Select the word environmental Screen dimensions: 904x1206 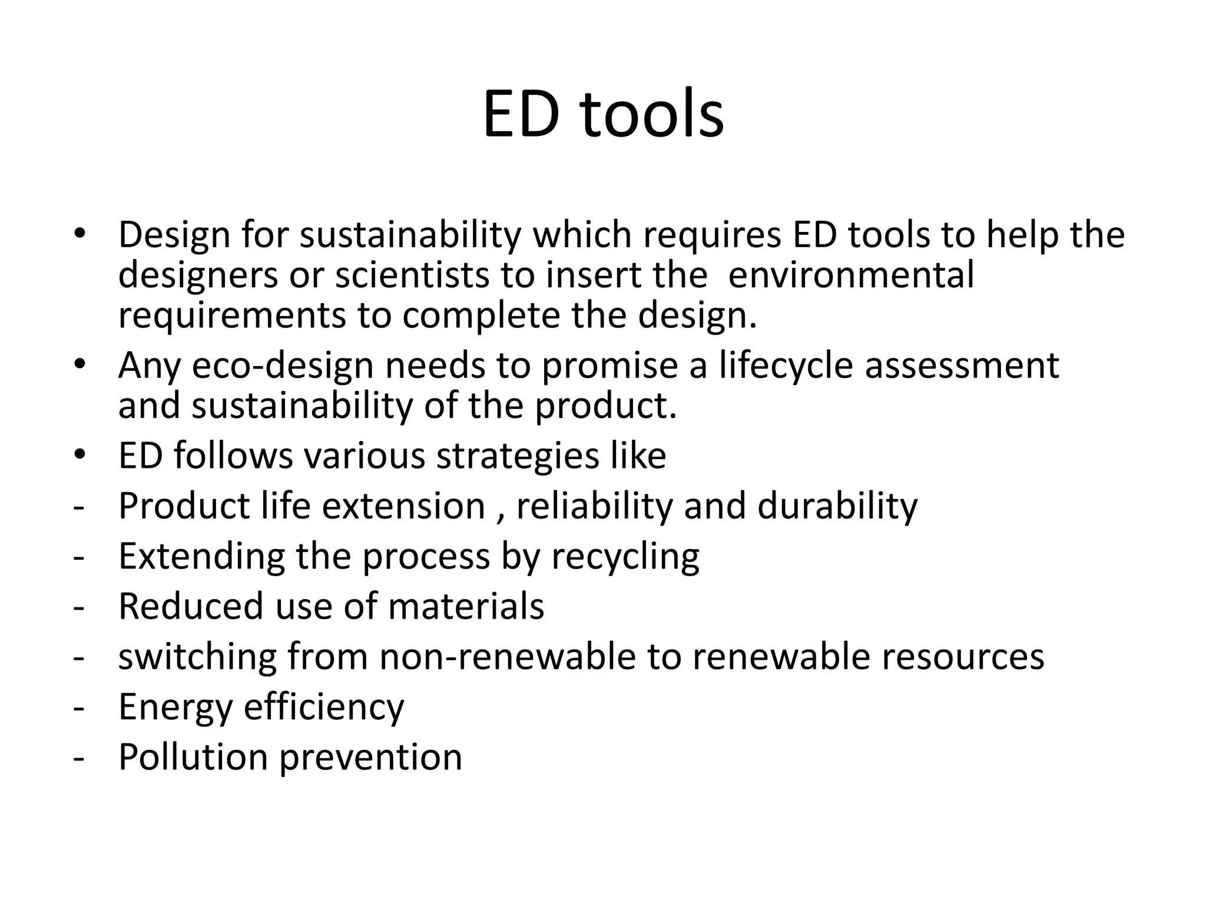point(851,275)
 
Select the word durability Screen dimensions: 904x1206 point(837,506)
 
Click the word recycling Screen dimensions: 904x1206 point(625,557)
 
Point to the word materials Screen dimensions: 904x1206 point(466,606)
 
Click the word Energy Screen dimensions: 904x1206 point(176,707)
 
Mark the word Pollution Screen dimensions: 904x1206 point(194,757)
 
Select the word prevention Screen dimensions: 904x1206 point(370,758)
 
